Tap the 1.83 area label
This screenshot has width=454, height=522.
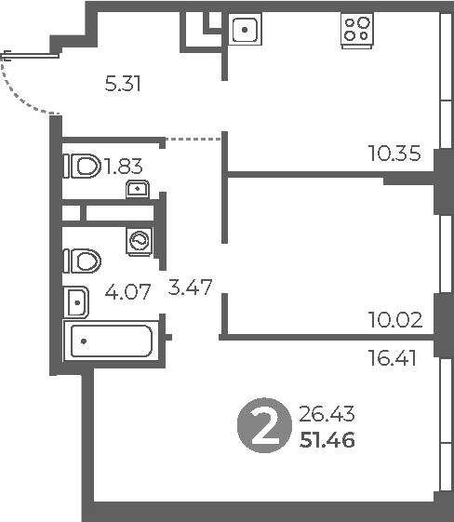click(123, 167)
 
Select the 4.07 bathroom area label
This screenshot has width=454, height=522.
click(128, 292)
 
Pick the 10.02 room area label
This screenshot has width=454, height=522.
click(394, 321)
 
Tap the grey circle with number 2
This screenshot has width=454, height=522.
click(264, 425)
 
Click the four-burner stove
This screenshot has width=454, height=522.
click(355, 30)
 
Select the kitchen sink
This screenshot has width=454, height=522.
click(244, 31)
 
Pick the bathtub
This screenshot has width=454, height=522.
click(110, 341)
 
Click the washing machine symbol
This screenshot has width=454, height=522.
click(140, 241)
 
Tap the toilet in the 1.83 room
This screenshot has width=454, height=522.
click(83, 167)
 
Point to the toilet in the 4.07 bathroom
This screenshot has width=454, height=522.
click(82, 260)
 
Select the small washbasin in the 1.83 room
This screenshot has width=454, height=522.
click(137, 191)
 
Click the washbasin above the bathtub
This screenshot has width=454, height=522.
click(76, 301)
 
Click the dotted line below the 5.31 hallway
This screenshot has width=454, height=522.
click(194, 139)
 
